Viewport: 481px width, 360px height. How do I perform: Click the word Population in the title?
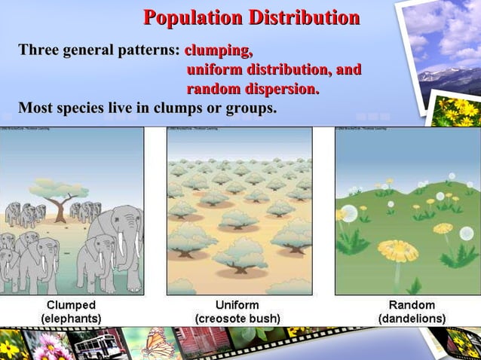coord(191,17)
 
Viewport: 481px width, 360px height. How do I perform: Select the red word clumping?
coord(218,51)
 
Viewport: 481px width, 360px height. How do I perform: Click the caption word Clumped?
coord(72,305)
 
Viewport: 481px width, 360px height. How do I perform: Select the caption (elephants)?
coord(72,319)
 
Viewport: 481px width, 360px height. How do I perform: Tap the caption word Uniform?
coord(237,305)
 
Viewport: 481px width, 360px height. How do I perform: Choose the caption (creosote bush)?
coord(237,319)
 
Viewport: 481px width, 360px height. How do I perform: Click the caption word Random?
coord(412,305)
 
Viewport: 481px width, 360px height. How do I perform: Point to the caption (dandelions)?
coord(412,319)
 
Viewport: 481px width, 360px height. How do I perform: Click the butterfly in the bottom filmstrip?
coord(157,343)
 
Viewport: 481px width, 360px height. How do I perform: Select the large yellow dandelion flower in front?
coord(397,249)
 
